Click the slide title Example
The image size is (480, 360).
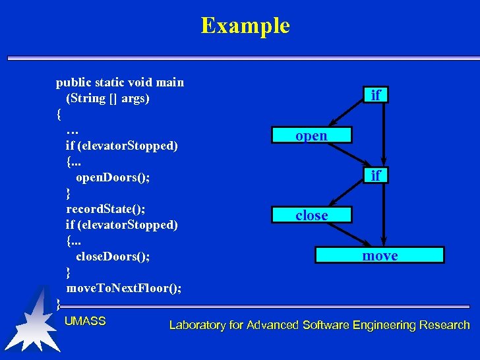pyautogui.click(x=245, y=26)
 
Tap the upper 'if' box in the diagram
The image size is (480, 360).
pyautogui.click(x=375, y=96)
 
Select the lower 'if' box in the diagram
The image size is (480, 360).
pyautogui.click(x=375, y=175)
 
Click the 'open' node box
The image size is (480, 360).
pyautogui.click(x=311, y=136)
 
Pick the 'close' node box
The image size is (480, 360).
pyautogui.click(x=311, y=216)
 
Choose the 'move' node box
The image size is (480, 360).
pyautogui.click(x=380, y=255)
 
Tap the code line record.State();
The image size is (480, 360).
pyautogui.click(x=105, y=209)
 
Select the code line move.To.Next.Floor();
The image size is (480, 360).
pyautogui.click(x=124, y=288)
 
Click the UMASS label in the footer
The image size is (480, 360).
pyautogui.click(x=85, y=321)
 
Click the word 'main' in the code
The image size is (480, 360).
pyautogui.click(x=169, y=82)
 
